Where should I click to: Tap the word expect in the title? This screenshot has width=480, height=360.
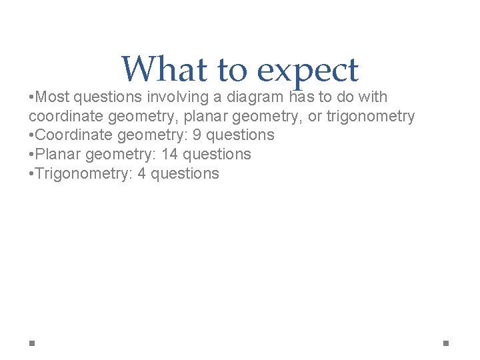pos(307,71)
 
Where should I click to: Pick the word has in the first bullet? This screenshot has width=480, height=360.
pos(301,97)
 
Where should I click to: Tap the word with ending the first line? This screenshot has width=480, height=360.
pos(372,97)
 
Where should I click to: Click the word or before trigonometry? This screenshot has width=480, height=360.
pos(315,117)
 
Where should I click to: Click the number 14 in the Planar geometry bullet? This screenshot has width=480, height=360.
pos(170,155)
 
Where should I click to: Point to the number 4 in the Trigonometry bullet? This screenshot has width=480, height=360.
pos(143,174)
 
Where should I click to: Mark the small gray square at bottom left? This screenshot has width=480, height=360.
pos(32,343)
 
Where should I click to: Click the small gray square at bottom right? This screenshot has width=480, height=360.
pos(446,343)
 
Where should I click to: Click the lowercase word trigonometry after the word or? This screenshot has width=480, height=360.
pos(370,117)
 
